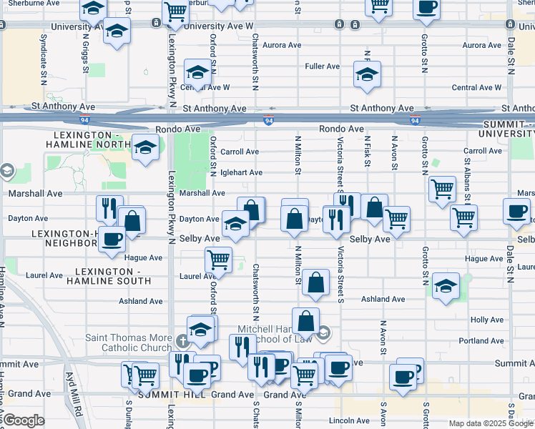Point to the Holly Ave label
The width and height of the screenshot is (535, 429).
click(x=487, y=320)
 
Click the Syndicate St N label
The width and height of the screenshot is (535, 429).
click(x=44, y=51)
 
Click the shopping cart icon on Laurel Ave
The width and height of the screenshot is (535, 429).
click(x=217, y=259)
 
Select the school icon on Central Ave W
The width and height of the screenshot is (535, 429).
click(x=197, y=71)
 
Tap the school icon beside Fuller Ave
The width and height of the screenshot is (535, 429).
click(x=367, y=74)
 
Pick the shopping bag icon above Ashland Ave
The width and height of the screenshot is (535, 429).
click(x=315, y=282)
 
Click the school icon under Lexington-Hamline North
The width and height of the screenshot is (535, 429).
click(x=145, y=147)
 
